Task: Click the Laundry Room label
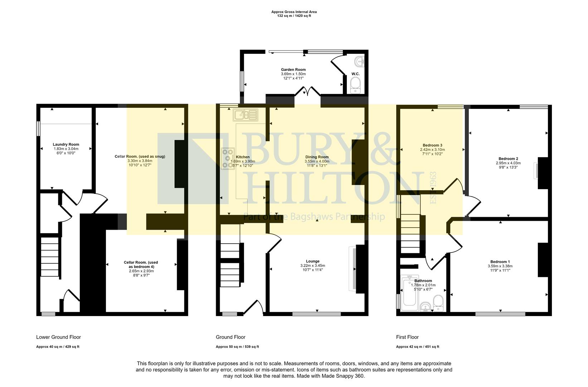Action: pyautogui.click(x=66, y=144)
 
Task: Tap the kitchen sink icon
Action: pyautogui.click(x=246, y=115)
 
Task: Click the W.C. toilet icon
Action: pyautogui.click(x=355, y=86)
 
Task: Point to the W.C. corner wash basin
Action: pyautogui.click(x=359, y=62)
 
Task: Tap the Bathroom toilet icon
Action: pyautogui.click(x=438, y=303)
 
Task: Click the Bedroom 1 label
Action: pyautogui.click(x=500, y=262)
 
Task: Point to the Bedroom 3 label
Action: pyautogui.click(x=432, y=145)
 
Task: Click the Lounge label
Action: pyautogui.click(x=312, y=261)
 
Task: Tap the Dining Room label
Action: pyautogui.click(x=317, y=157)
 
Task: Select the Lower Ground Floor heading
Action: pyautogui.click(x=58, y=337)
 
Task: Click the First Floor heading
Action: pyautogui.click(x=407, y=337)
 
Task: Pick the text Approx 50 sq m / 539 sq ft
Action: pyautogui.click(x=237, y=347)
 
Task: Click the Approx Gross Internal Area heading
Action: pyautogui.click(x=294, y=12)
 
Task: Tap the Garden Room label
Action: pyautogui.click(x=293, y=70)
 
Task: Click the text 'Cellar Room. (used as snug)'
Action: pyautogui.click(x=140, y=156)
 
